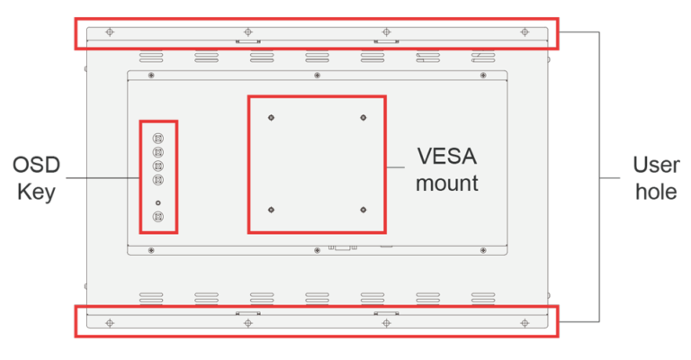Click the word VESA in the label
pyautogui.click(x=447, y=156)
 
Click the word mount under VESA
pyautogui.click(x=447, y=184)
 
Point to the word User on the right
pyautogui.click(x=656, y=166)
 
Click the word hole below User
pyautogui.click(x=656, y=192)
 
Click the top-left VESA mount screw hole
pyautogui.click(x=271, y=117)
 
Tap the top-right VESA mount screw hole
pyautogui.click(x=363, y=117)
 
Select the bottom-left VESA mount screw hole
pyautogui.click(x=271, y=210)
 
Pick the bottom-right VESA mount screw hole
pyautogui.click(x=363, y=210)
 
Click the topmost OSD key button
pyautogui.click(x=158, y=139)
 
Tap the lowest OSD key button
pyautogui.click(x=158, y=217)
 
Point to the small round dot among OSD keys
pyautogui.click(x=158, y=202)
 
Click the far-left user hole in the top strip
pyautogui.click(x=110, y=32)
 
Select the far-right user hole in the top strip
pyautogui.click(x=525, y=32)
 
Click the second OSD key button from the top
pyautogui.click(x=158, y=153)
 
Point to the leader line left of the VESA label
pyautogui.click(x=397, y=167)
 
